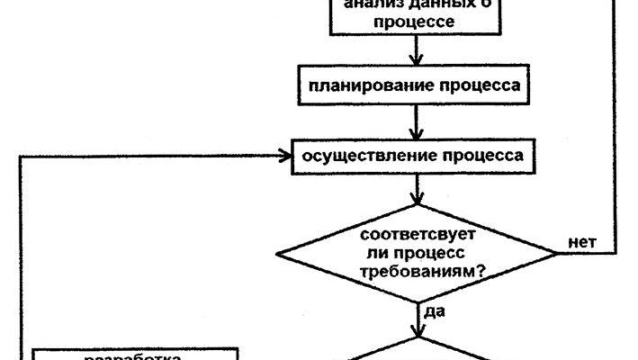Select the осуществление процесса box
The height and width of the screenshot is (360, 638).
(415, 155)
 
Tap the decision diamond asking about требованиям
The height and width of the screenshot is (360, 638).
(418, 253)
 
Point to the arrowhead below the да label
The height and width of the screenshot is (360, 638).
(418, 332)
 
